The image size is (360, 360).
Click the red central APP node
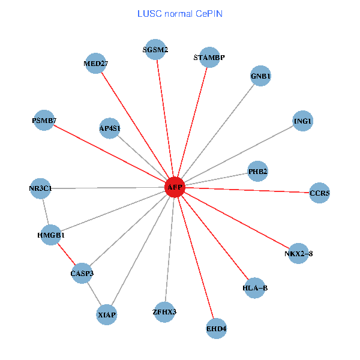click(175, 187)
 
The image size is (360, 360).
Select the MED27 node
click(96, 64)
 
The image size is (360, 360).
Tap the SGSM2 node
click(156, 50)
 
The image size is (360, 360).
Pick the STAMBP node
click(209, 58)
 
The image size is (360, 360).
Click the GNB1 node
click(260, 76)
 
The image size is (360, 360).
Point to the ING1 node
click(302, 121)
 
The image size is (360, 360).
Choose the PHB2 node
click(257, 172)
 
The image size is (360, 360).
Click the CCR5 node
click(319, 193)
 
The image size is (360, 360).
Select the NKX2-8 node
click(298, 253)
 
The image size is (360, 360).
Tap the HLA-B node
click(255, 288)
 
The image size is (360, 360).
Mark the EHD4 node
click(216, 328)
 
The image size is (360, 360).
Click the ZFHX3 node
click(164, 311)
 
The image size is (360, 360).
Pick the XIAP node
click(107, 314)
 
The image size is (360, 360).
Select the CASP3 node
click(82, 274)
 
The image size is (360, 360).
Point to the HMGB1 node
click(50, 235)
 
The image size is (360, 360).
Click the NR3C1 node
click(40, 188)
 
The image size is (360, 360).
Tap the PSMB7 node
click(44, 121)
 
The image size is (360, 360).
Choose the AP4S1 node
click(110, 128)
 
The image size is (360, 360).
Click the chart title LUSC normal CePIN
click(180, 13)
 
